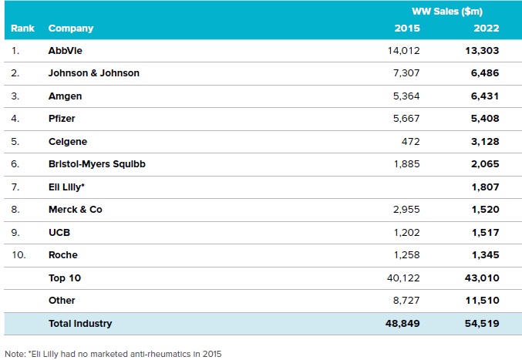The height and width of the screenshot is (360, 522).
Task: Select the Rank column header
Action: tap(22, 29)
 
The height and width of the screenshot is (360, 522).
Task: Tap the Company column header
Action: tap(71, 29)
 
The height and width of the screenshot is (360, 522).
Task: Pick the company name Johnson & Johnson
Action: tap(94, 74)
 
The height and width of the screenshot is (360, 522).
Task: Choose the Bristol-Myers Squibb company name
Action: tap(96, 164)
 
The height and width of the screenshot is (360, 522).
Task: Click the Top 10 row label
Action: tap(63, 278)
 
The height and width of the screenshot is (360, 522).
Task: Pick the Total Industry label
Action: tap(80, 324)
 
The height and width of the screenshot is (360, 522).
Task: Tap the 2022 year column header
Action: tap(487, 29)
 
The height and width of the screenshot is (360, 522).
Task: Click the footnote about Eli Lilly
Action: tap(113, 353)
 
